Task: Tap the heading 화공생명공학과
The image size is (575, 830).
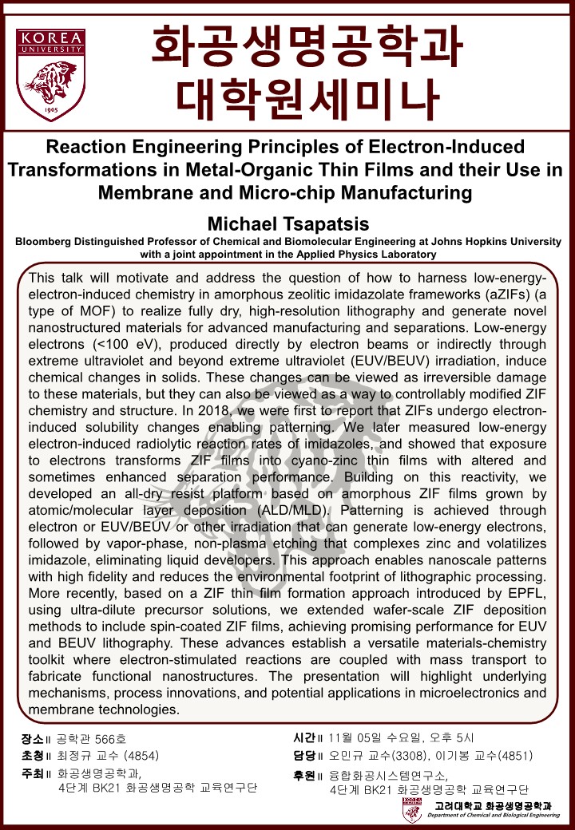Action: pyautogui.click(x=307, y=48)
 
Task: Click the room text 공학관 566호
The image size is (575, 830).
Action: pyautogui.click(x=92, y=738)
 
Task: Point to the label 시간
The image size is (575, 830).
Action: pyautogui.click(x=307, y=737)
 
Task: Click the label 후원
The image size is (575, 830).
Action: pyautogui.click(x=307, y=773)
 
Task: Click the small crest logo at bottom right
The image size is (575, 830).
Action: pyautogui.click(x=412, y=809)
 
